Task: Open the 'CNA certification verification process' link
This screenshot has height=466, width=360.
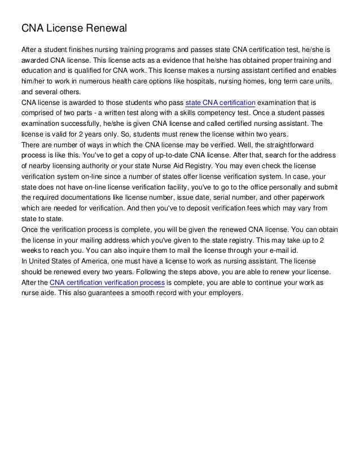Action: pyautogui.click(x=107, y=283)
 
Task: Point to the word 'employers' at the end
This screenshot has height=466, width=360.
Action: pyautogui.click(x=222, y=294)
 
